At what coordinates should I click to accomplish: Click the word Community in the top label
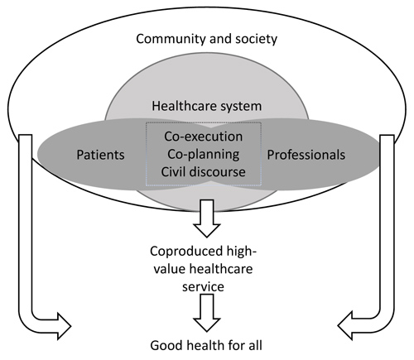pyautogui.click(x=171, y=39)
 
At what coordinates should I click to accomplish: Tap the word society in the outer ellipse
pyautogui.click(x=257, y=39)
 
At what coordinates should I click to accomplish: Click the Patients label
pyautogui.click(x=100, y=155)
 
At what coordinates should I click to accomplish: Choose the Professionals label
pyautogui.click(x=306, y=155)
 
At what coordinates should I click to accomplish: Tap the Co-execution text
pyautogui.click(x=204, y=137)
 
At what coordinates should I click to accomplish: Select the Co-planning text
pyautogui.click(x=204, y=155)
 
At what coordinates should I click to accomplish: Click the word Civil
pyautogui.click(x=172, y=172)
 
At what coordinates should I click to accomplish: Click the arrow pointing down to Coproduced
pyautogui.click(x=207, y=218)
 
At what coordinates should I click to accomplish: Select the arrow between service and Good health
pyautogui.click(x=207, y=313)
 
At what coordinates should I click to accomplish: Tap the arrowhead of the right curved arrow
pyautogui.click(x=345, y=326)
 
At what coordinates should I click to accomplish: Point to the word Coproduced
pyautogui.click(x=186, y=252)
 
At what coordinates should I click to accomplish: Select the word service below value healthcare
pyautogui.click(x=203, y=286)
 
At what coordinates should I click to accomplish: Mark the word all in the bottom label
pyautogui.click(x=254, y=346)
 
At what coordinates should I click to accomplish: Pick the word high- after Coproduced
pyautogui.click(x=241, y=252)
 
